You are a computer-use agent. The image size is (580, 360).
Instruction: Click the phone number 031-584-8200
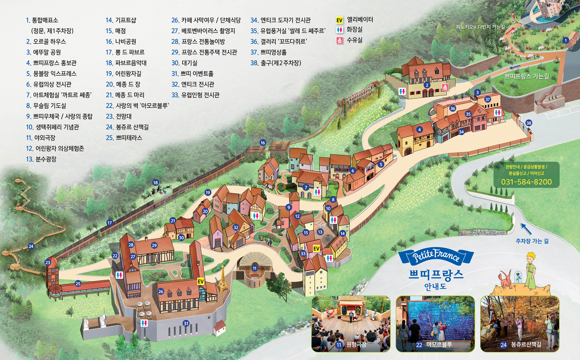526,182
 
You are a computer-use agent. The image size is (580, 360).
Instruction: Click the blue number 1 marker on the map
565,40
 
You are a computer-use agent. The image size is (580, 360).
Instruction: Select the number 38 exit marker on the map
529,123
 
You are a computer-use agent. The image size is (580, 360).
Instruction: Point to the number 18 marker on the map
156,183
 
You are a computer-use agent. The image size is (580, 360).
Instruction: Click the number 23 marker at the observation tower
48,262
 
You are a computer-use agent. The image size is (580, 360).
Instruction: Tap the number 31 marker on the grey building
186,323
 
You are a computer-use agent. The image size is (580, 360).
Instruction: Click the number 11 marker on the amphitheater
254,268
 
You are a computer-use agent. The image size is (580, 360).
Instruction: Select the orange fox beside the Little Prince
506,280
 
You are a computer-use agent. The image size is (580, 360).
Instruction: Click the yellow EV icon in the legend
339,20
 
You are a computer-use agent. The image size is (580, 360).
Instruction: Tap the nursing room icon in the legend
339,41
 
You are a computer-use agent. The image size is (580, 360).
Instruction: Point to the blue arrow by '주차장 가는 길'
526,228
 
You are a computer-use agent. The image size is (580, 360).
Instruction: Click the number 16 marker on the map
263,143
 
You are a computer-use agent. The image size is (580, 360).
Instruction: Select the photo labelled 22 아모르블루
435,323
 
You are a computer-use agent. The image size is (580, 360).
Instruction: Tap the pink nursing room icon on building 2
445,87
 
